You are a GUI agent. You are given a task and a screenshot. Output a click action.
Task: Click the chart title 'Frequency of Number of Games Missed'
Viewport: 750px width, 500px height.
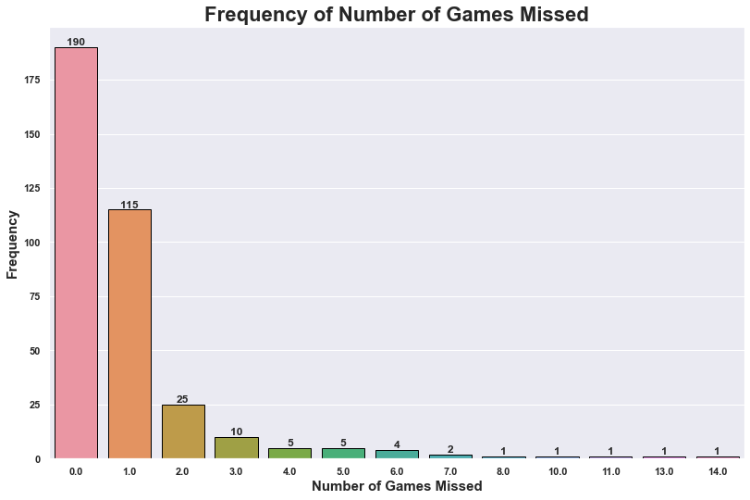point(396,14)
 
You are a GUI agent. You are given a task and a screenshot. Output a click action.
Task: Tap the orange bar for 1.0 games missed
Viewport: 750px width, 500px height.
point(129,333)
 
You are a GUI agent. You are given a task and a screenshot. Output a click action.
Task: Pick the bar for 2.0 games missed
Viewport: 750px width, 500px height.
point(183,431)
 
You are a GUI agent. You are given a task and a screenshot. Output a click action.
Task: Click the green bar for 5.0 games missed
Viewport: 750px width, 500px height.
point(343,454)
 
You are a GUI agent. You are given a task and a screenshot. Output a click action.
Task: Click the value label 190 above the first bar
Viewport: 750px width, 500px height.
point(76,42)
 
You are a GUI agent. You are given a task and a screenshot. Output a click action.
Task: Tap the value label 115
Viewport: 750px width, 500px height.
point(129,205)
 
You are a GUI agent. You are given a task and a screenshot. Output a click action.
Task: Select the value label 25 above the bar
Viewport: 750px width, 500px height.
point(182,399)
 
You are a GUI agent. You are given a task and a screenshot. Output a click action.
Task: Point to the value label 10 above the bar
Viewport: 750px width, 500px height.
point(236,431)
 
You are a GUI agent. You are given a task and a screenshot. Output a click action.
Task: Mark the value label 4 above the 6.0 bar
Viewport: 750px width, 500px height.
point(397,444)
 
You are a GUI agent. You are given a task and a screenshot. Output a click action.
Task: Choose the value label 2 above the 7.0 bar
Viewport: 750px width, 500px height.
point(450,449)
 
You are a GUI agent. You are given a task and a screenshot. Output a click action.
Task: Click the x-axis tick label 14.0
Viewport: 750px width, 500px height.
point(718,471)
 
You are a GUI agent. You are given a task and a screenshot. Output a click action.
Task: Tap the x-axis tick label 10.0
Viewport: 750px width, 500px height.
point(557,471)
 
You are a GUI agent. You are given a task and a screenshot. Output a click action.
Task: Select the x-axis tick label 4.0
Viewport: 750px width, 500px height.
point(289,471)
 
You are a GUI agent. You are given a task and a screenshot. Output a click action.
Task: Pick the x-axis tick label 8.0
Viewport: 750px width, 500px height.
point(504,471)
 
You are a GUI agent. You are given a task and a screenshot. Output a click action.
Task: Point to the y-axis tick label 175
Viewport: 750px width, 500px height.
point(31,81)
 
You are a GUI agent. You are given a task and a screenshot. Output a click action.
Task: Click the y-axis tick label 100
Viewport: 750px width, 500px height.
point(31,243)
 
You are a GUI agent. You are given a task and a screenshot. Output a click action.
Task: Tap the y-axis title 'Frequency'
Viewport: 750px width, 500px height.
point(13,244)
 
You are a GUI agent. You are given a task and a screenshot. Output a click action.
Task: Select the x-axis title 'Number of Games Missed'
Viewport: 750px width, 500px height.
point(397,487)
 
